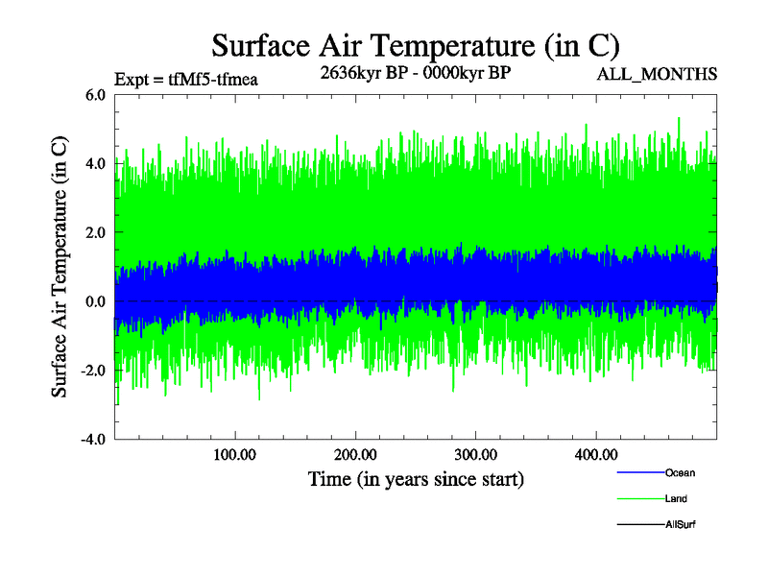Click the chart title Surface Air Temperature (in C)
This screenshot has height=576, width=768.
coord(415,45)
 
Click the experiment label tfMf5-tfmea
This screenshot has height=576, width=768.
coord(186,80)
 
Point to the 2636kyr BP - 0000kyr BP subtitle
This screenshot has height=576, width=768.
coord(416,72)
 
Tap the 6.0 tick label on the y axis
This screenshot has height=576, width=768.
coord(96,95)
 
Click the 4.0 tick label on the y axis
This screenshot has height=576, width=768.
coord(96,164)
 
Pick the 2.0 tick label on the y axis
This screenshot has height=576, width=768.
coord(96,233)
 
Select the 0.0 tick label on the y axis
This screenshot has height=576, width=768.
coord(96,301)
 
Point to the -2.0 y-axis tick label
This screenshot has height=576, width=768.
coord(94,371)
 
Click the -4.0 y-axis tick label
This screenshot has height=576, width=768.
coord(94,440)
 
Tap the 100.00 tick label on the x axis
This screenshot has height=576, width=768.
coord(235,454)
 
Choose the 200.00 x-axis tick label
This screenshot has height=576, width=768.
coord(355,454)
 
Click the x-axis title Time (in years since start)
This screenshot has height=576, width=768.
coord(416,478)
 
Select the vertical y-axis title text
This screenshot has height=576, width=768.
coord(60,267)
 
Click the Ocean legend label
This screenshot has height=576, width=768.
coord(680,473)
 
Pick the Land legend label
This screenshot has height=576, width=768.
coord(676,499)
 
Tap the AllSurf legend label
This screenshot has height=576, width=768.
coord(680,525)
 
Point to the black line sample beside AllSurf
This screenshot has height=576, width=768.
coord(639,525)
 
